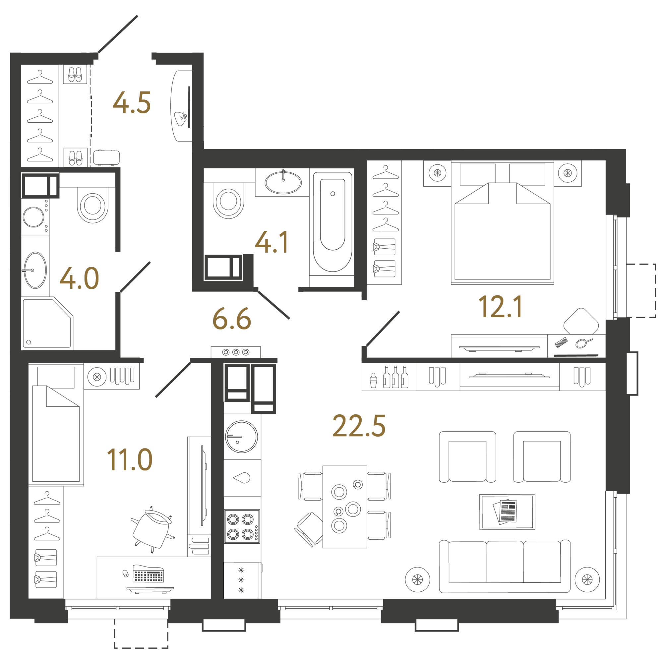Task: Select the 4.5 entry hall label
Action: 132,103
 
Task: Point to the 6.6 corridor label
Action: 232,319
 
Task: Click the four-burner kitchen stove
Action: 242,526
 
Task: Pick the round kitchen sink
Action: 241,437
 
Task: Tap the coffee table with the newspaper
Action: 507,512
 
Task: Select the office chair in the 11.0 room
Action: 152,529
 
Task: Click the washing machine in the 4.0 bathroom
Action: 35,217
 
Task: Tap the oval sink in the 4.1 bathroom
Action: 283,183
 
